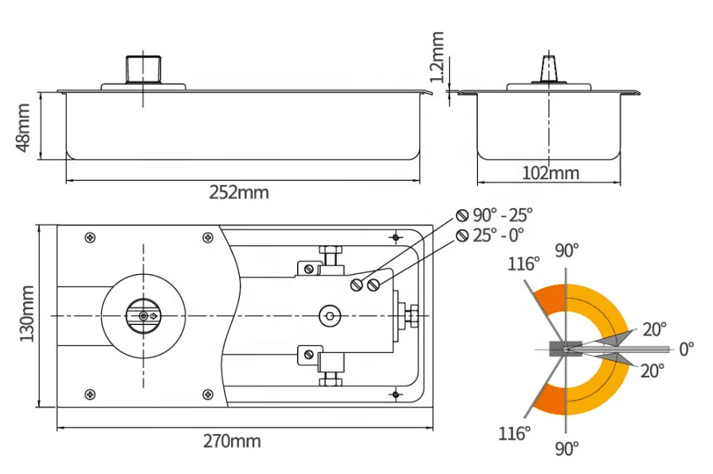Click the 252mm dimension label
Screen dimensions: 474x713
(x=239, y=192)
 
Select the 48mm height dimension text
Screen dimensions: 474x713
(x=23, y=126)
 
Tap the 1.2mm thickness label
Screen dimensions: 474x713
(x=436, y=57)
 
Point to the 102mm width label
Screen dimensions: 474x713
(x=550, y=173)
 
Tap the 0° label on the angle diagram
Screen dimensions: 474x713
(x=685, y=349)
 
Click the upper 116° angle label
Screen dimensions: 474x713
(x=526, y=264)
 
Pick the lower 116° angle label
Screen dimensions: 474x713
(x=515, y=433)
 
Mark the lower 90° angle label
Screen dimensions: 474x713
(x=566, y=448)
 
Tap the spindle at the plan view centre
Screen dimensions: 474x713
(x=143, y=316)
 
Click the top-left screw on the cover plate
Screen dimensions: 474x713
(x=90, y=237)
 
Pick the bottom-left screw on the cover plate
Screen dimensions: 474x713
(x=90, y=394)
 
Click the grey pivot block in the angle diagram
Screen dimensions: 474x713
(x=555, y=349)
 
